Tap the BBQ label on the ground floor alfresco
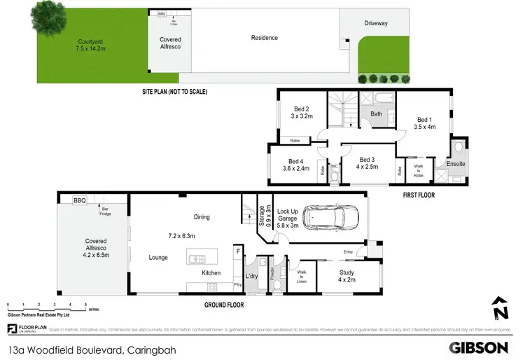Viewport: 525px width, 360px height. [79, 200]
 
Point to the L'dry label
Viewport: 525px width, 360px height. [251, 272]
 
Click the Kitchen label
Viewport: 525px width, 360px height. [211, 272]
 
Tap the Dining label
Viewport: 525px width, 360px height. [202, 217]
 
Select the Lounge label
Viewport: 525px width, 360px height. [157, 258]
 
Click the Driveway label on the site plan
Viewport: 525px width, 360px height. [375, 23]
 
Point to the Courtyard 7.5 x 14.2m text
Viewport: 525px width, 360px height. [91, 46]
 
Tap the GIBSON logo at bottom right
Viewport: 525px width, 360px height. [478, 347]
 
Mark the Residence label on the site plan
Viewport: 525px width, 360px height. [265, 38]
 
